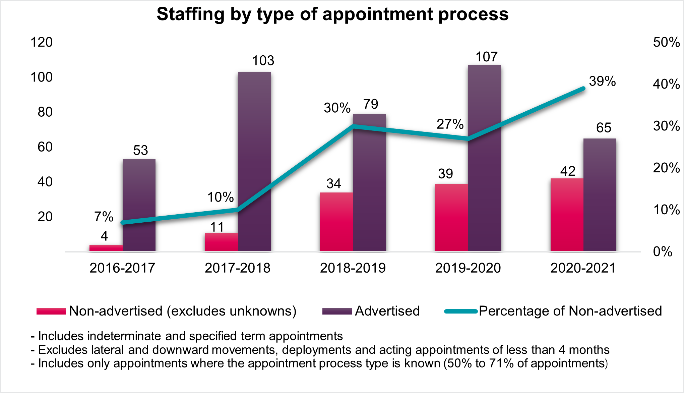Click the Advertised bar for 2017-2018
[254, 161]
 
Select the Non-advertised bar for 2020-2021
[567, 215]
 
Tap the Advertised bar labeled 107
[485, 158]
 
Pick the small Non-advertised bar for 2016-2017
[106, 248]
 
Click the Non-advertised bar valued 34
[336, 221]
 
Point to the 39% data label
[602, 81]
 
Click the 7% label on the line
[104, 217]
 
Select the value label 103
[263, 61]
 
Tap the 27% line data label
[450, 124]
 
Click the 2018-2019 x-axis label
[353, 268]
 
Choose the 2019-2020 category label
[468, 268]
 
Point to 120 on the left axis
[42, 42]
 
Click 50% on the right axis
[666, 42]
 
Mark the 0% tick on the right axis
[663, 251]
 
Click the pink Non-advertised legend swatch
[51, 311]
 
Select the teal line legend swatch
[461, 311]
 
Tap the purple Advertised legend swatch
[337, 311]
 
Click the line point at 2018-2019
[353, 126]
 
